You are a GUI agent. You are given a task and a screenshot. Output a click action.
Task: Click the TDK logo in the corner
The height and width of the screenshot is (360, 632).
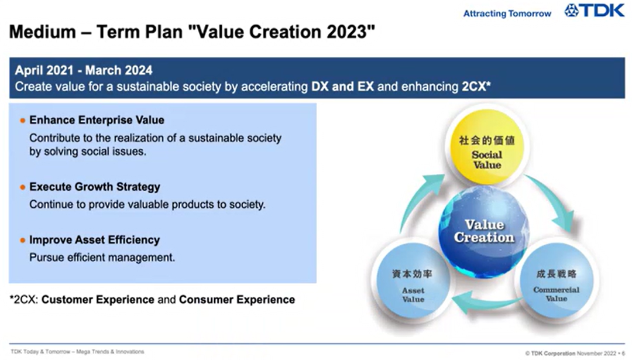pos(594,11)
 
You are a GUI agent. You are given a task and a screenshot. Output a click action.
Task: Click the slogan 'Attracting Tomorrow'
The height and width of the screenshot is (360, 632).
pos(507,13)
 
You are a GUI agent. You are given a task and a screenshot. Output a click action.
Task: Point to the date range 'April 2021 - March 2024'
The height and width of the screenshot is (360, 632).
pos(84,70)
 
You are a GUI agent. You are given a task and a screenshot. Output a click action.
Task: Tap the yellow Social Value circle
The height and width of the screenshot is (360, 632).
pos(487,147)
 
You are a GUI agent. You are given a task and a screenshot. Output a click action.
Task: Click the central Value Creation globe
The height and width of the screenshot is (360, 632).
pos(484,231)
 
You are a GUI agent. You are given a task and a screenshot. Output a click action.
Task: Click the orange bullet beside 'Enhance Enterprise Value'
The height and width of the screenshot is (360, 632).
pos(23,121)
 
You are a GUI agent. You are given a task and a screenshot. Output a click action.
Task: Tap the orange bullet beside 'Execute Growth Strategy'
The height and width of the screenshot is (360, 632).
pos(23,187)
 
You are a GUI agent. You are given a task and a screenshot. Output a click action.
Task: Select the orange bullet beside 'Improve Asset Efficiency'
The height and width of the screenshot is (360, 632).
pos(23,240)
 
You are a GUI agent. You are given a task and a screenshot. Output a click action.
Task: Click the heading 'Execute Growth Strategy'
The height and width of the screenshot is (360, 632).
pos(95,187)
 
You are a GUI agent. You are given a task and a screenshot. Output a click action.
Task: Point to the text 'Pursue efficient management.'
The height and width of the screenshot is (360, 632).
pos(102,257)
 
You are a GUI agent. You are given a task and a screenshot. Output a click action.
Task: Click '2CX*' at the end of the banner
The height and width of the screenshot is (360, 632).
pos(476,86)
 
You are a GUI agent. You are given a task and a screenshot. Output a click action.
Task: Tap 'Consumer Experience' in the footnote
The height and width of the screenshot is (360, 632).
pos(237,300)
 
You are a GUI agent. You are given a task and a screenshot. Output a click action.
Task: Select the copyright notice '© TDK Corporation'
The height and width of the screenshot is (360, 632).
pos(550,354)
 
